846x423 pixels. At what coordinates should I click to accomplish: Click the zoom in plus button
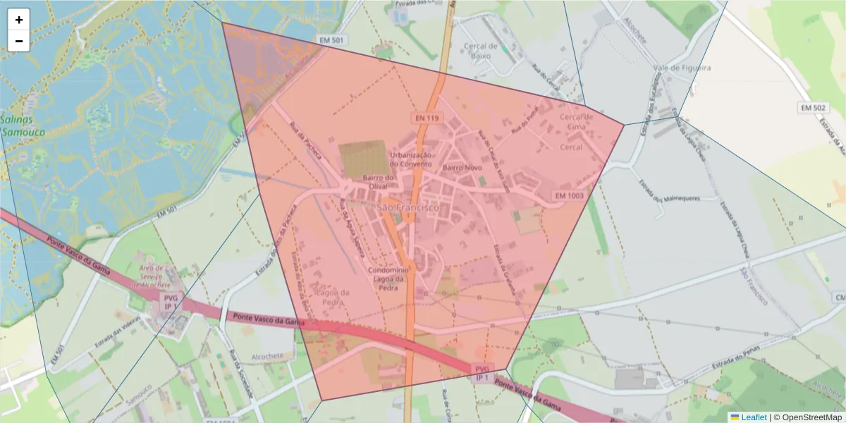(x=19, y=20)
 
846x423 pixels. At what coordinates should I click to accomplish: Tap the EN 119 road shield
(x=423, y=118)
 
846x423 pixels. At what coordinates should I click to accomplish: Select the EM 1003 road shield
(x=569, y=195)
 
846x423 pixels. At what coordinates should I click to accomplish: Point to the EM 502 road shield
(x=814, y=108)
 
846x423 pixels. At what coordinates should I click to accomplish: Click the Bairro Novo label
(x=462, y=168)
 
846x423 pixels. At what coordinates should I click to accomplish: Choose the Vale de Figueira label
(x=682, y=68)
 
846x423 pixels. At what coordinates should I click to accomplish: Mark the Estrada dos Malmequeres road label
(x=669, y=191)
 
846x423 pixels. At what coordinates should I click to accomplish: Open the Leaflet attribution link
(x=753, y=417)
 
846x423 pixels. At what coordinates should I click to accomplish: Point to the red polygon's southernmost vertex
(x=322, y=400)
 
